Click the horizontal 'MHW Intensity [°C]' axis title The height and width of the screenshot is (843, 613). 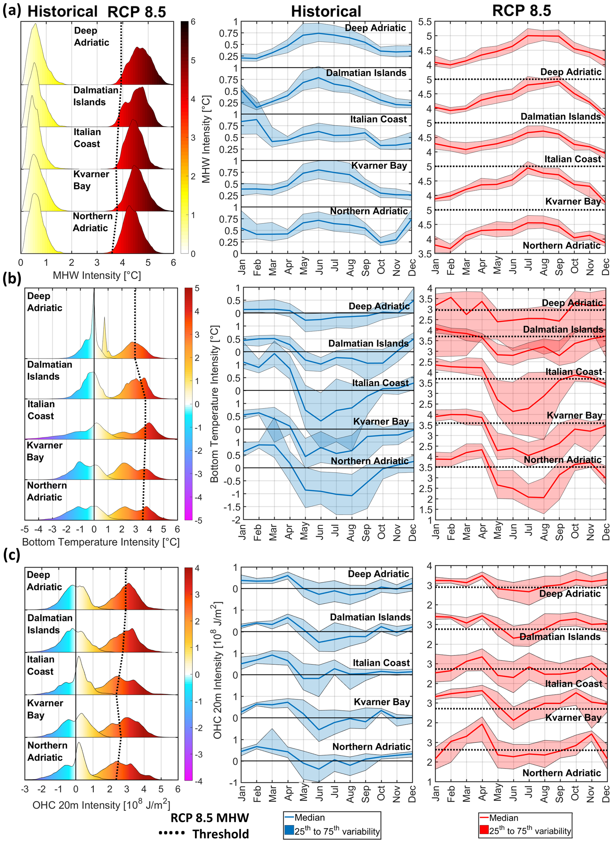pos(97,275)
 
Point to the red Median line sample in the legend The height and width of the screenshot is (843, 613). pos(484,818)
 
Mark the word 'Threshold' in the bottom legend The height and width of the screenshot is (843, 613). pos(221,834)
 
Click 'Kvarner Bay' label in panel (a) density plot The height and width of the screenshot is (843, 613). pos(91,180)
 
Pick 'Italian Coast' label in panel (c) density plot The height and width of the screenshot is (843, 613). pos(41,665)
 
